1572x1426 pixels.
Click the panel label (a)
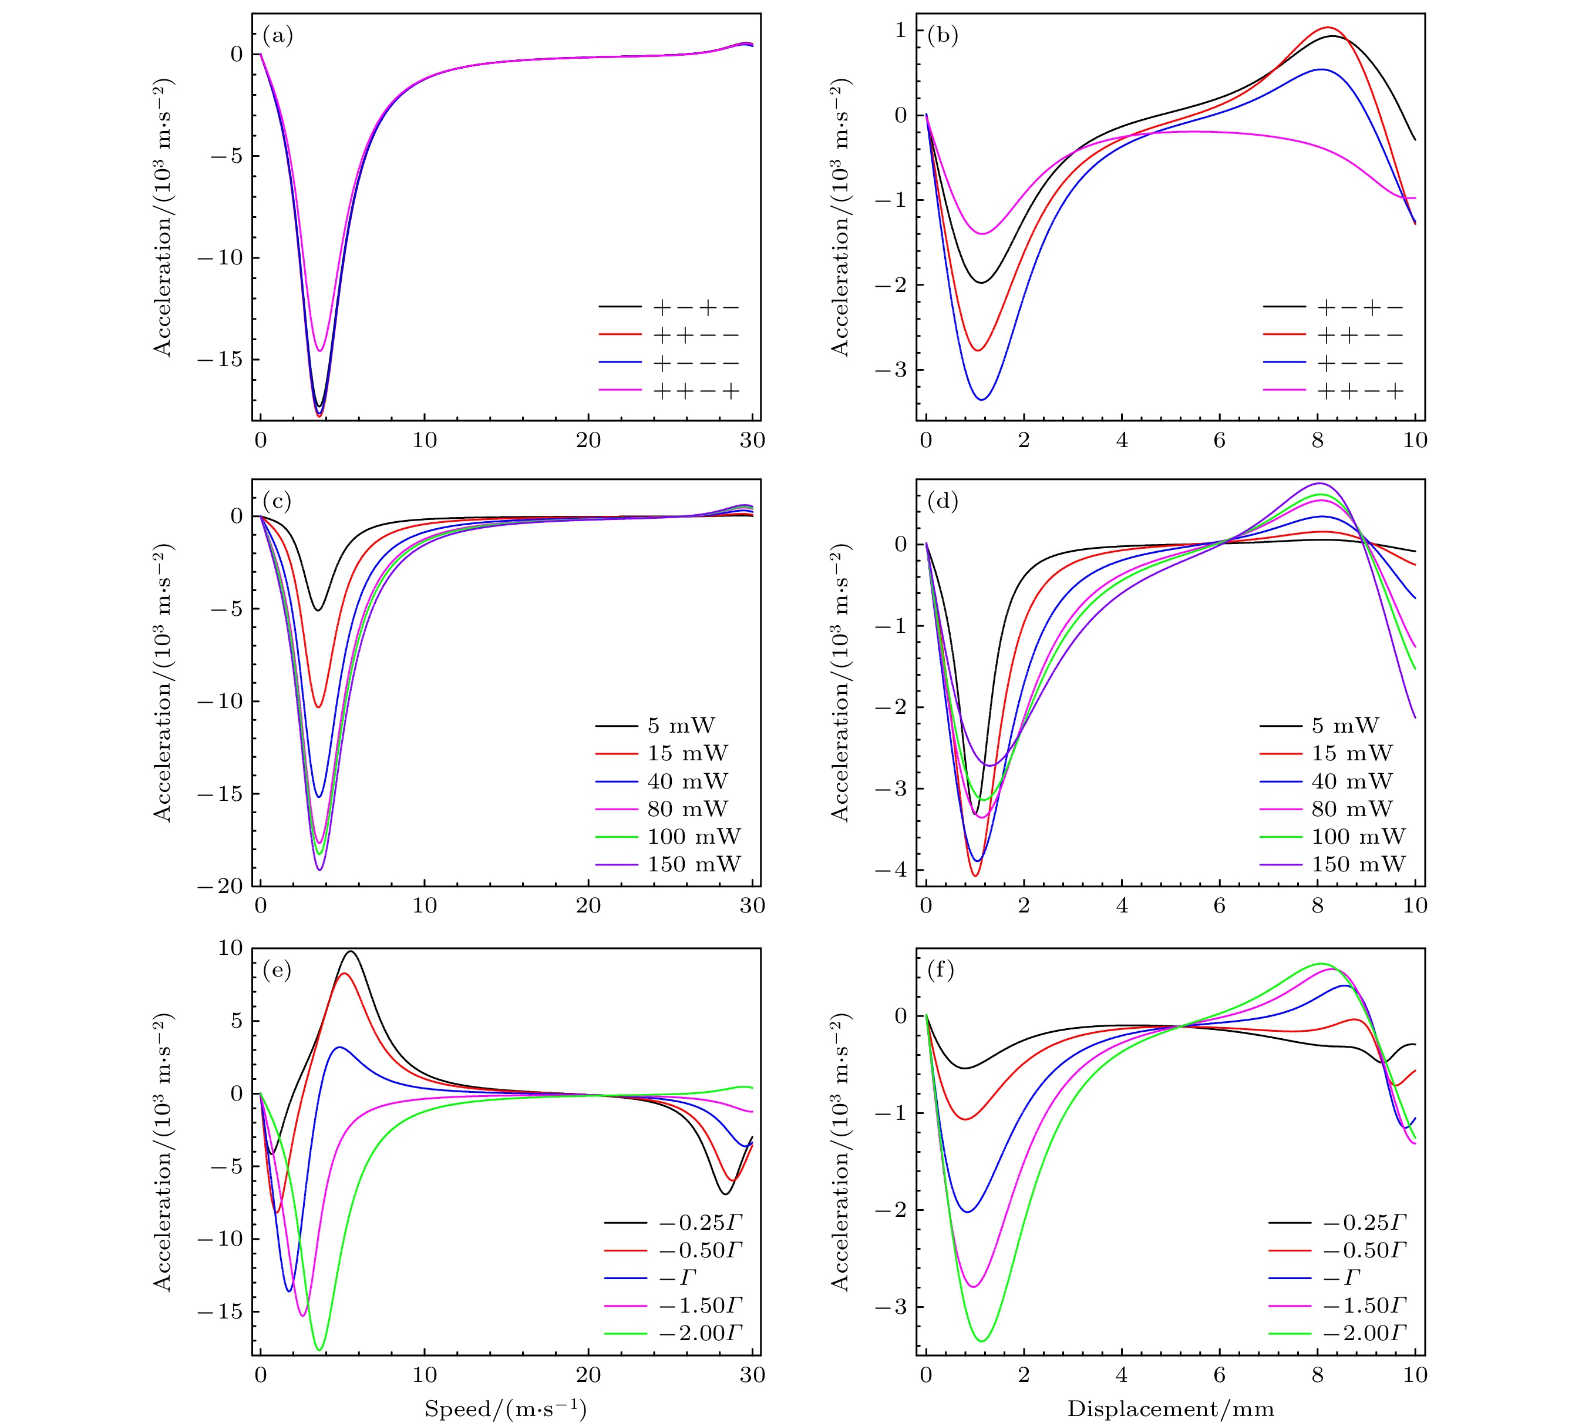pyautogui.click(x=278, y=36)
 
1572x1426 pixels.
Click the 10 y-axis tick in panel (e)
pyautogui.click(x=231, y=948)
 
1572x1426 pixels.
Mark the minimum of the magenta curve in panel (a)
pyautogui.click(x=319, y=351)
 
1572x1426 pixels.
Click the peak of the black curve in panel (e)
pyautogui.click(x=351, y=951)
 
